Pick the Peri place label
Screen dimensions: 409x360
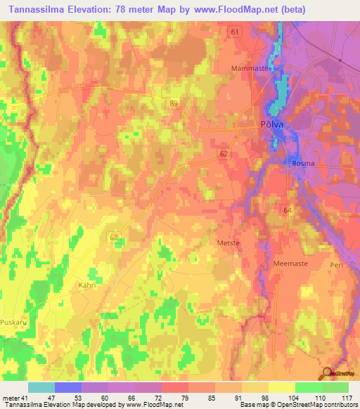[x=337, y=265]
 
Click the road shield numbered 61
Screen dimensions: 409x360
[x=235, y=32]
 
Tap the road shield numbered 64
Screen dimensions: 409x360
[x=286, y=210]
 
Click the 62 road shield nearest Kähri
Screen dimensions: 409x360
[x=115, y=238]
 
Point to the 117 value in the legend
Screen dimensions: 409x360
[x=346, y=398]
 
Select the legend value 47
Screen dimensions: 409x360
[x=51, y=398]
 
